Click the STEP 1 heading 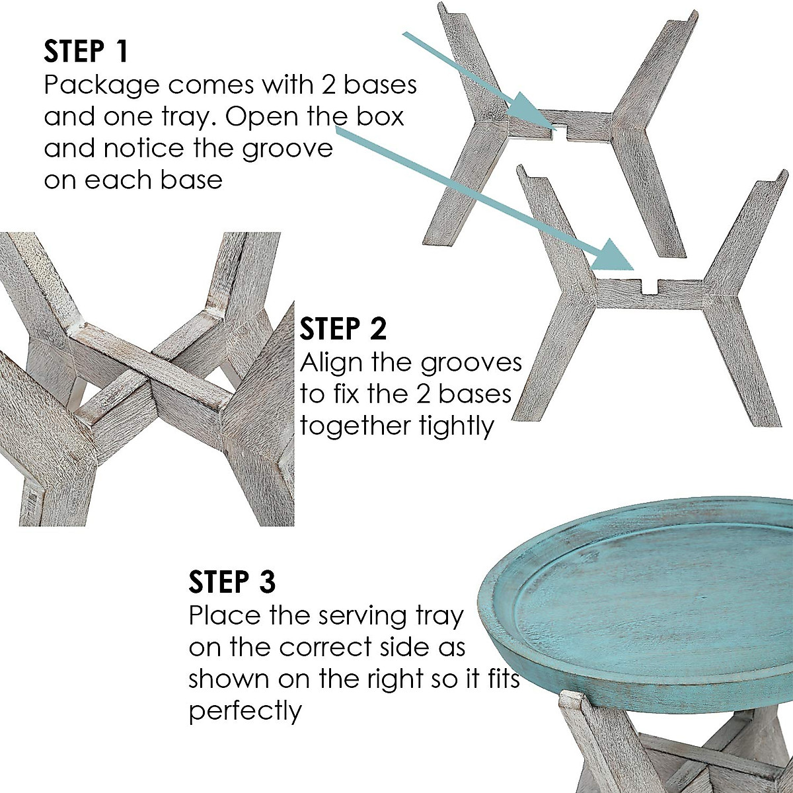(86, 52)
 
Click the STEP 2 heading (343, 328)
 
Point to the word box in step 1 (377, 117)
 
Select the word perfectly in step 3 (245, 711)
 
